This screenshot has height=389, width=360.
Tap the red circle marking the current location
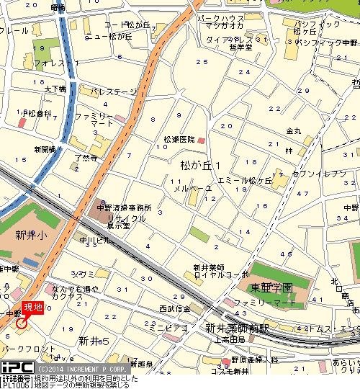(x=22, y=322)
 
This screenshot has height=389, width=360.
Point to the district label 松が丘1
(x=199, y=166)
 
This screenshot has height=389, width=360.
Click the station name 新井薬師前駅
(x=237, y=327)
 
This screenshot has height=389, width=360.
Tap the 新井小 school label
(x=30, y=235)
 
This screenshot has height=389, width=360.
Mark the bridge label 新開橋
(x=45, y=149)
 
